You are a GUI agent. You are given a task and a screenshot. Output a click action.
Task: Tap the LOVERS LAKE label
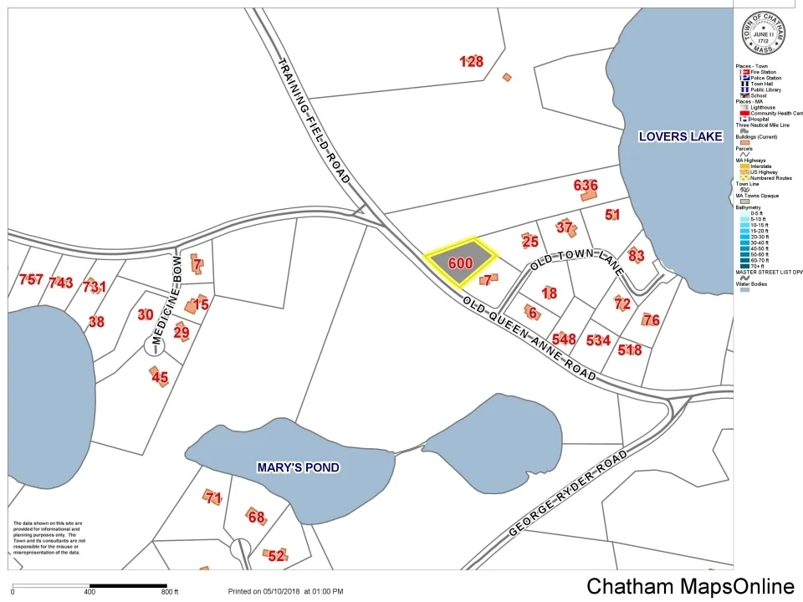coord(680,136)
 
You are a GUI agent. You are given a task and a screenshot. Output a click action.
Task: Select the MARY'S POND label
coord(298,467)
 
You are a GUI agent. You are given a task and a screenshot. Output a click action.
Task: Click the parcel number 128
coord(472,61)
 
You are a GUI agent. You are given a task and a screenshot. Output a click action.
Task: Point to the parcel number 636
coord(586,185)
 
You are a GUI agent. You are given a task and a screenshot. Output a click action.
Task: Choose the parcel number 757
coord(31,279)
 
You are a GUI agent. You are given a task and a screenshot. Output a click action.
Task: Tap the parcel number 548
coord(564,339)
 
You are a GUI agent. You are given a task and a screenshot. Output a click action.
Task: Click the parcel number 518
coord(630,349)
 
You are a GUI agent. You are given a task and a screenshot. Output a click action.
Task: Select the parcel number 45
coord(160,378)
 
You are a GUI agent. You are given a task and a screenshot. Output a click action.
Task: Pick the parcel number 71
coord(213,498)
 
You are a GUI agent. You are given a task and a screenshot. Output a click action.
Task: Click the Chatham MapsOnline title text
coord(690,586)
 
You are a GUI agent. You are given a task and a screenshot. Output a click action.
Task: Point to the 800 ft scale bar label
coord(171,592)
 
